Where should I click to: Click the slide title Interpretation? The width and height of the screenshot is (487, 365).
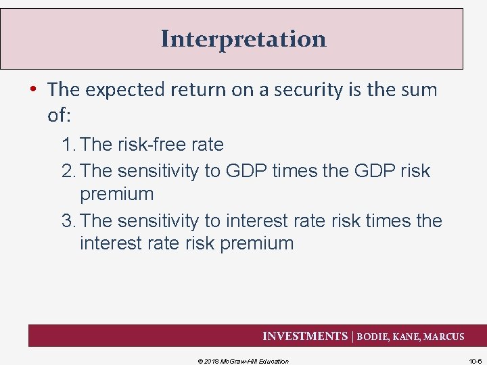point(243,39)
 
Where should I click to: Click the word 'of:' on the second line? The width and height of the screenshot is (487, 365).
point(59,115)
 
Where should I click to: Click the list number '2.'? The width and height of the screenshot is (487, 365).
point(69,171)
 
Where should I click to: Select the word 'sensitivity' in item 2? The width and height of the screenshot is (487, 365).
point(154,171)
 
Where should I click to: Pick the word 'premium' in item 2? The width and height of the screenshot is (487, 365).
point(116,195)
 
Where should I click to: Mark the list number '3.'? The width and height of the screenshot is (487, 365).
point(69,221)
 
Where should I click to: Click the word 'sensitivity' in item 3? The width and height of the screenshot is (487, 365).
point(154,221)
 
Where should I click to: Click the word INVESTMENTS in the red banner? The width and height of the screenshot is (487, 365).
point(304,336)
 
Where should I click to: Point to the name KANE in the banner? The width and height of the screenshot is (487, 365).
point(407,337)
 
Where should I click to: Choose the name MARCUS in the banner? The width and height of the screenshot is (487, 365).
point(444,337)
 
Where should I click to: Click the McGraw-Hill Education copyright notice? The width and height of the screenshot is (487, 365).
point(243,361)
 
